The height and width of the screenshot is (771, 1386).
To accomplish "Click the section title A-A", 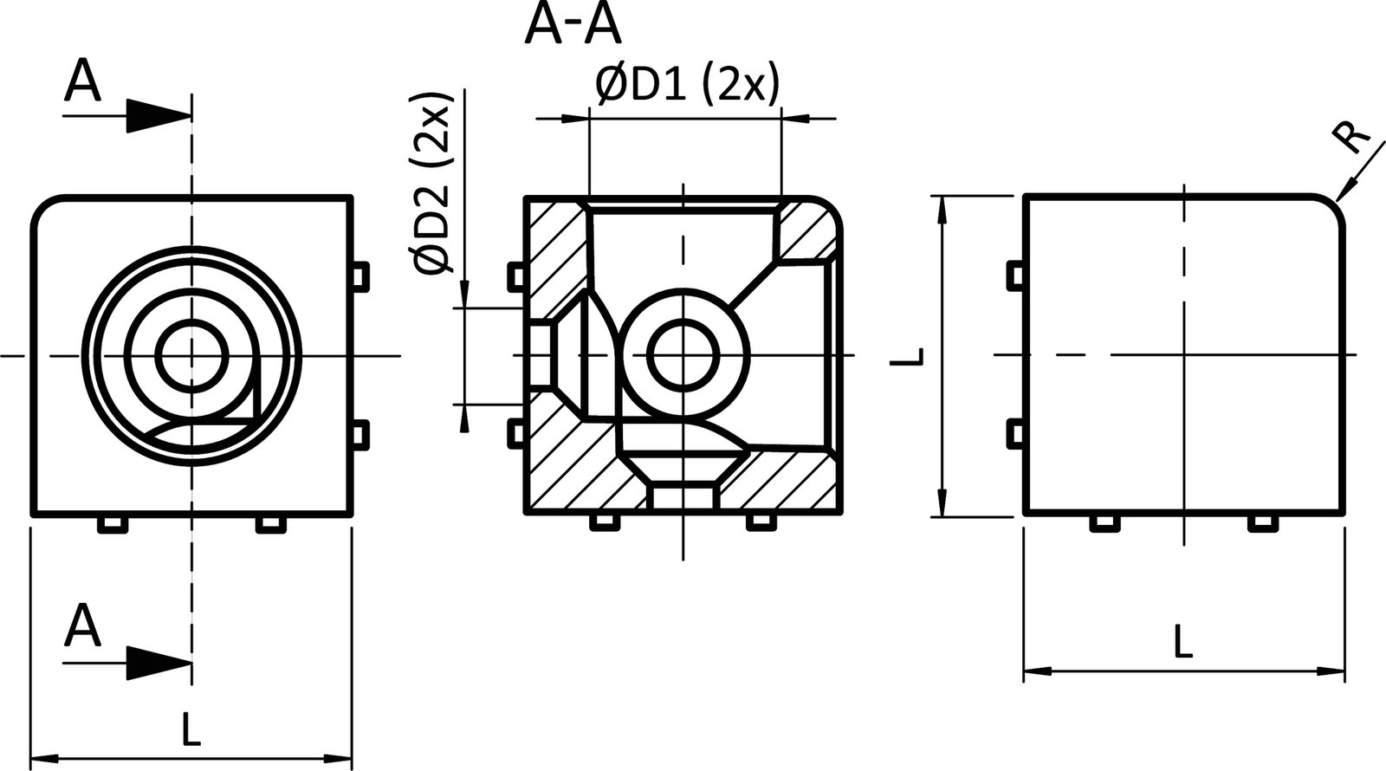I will pyautogui.click(x=573, y=25).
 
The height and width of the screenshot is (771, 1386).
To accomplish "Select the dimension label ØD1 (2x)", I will pyautogui.click(x=688, y=86).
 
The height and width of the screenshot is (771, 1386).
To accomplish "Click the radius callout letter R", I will pyautogui.click(x=1353, y=138).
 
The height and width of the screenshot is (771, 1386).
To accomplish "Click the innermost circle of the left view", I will pyautogui.click(x=191, y=355).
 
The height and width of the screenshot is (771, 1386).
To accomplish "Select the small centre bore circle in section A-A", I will pyautogui.click(x=683, y=355).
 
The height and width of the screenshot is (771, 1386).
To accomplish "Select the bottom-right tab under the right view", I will pyautogui.click(x=1260, y=523).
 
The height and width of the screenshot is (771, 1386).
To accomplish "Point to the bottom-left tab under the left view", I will pyautogui.click(x=111, y=524).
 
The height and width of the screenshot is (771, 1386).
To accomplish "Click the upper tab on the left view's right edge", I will pyautogui.click(x=360, y=274).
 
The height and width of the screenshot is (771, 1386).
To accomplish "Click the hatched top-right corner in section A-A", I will pyautogui.click(x=810, y=227).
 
